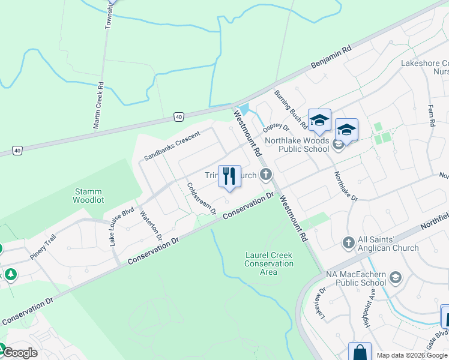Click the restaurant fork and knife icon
tap(229, 176)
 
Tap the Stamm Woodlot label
tap(91, 196)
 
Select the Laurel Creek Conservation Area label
tap(268, 263)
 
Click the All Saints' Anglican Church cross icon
tap(348, 242)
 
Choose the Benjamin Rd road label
tap(330, 57)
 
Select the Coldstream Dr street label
tap(201, 199)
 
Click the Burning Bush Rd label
tap(291, 109)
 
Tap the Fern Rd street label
tap(430, 115)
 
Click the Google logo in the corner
tap(20, 353)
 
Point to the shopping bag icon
tap(360, 352)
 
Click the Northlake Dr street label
tap(345, 186)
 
